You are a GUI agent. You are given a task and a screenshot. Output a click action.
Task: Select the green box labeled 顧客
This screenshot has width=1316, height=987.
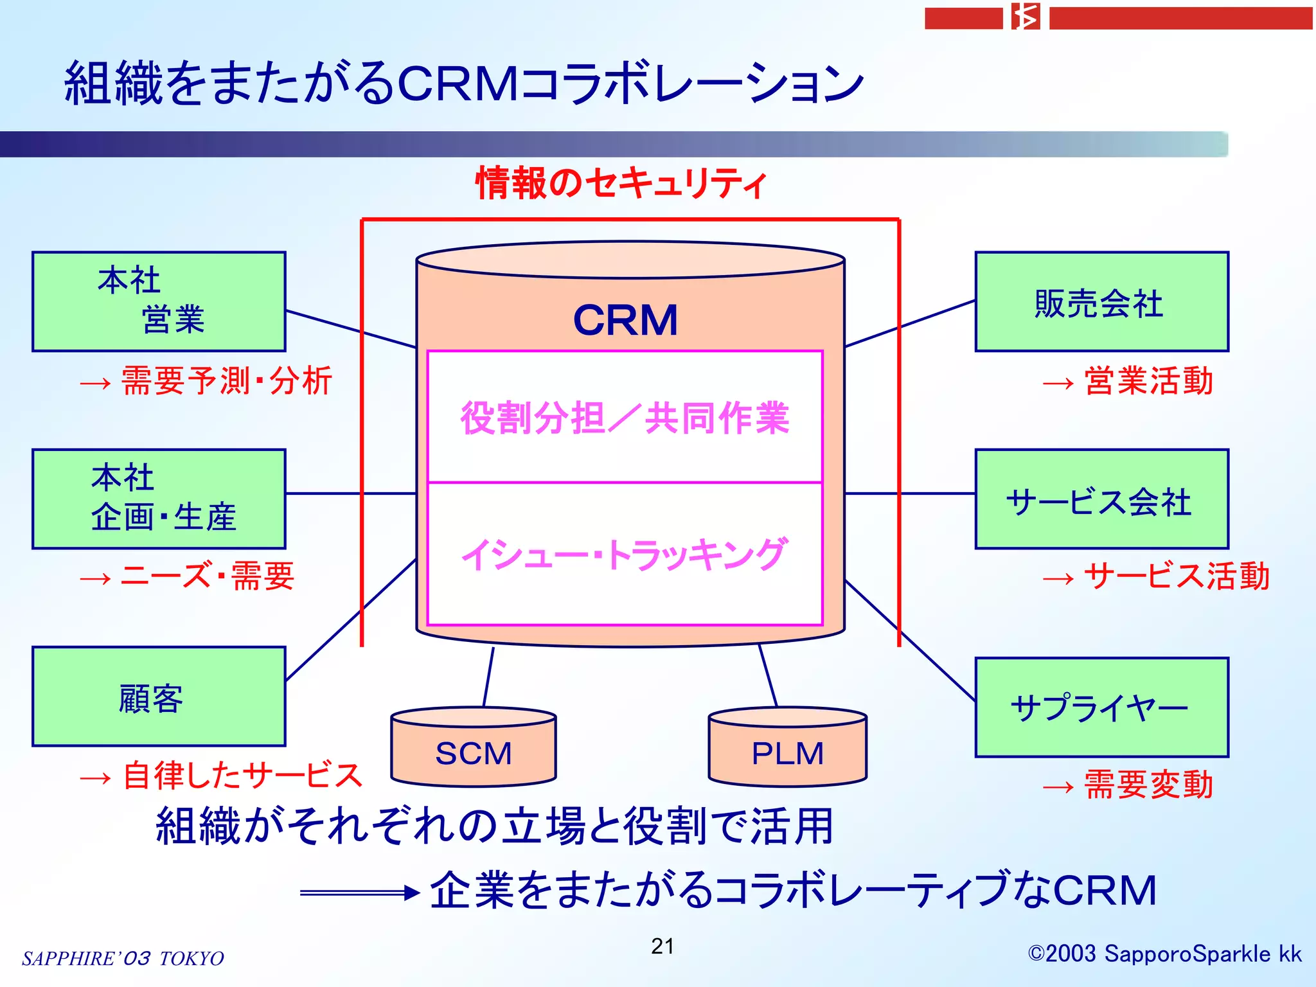pos(159,697)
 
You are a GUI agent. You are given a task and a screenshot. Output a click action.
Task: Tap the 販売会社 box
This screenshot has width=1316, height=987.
pos(1101,302)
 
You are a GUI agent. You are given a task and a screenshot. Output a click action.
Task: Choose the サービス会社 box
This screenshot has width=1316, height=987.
pos(1101,500)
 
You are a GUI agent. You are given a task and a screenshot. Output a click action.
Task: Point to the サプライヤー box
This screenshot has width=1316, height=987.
pos(1101,707)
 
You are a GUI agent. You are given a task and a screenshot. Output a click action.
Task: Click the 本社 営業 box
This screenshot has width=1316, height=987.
pos(159,302)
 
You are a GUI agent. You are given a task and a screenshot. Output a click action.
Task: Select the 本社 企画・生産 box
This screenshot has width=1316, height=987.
pos(159,499)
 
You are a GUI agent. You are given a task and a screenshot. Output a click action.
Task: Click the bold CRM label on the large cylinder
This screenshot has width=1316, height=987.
pos(625,320)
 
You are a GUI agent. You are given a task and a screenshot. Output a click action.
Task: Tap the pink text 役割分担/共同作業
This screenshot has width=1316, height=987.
pos(625,418)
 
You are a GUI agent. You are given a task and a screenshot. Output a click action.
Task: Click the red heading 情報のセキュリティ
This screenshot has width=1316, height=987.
pos(621,183)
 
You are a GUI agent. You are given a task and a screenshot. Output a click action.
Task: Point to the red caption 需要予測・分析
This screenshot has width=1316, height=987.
pos(226,380)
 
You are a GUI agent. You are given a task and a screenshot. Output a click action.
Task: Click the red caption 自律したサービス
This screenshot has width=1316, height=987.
pos(242,775)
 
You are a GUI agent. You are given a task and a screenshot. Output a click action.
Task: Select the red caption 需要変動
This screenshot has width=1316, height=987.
pos(1148,785)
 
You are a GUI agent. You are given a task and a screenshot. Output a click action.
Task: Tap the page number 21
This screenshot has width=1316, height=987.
pos(662,946)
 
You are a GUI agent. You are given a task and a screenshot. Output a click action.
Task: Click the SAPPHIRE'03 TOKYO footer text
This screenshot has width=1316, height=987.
pos(123,958)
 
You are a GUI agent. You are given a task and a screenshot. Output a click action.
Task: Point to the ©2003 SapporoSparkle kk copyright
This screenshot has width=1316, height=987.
pos(1164,954)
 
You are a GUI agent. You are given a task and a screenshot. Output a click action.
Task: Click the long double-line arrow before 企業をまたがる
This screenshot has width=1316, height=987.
pos(359,893)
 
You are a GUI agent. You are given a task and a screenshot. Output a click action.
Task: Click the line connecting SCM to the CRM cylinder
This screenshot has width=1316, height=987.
pos(488,677)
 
